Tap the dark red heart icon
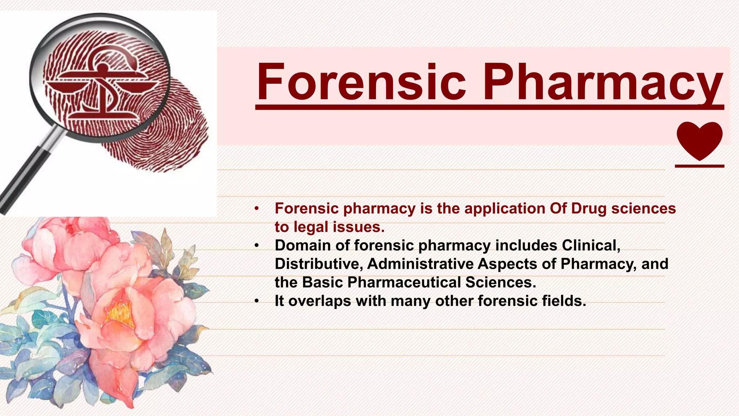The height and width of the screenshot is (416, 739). (699, 140)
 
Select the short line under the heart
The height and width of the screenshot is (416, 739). (699, 166)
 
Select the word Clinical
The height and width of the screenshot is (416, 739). (591, 246)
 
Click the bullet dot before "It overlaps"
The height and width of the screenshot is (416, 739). (257, 301)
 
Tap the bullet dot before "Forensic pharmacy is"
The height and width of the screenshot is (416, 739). (257, 209)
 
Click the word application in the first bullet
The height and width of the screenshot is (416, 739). (504, 209)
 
